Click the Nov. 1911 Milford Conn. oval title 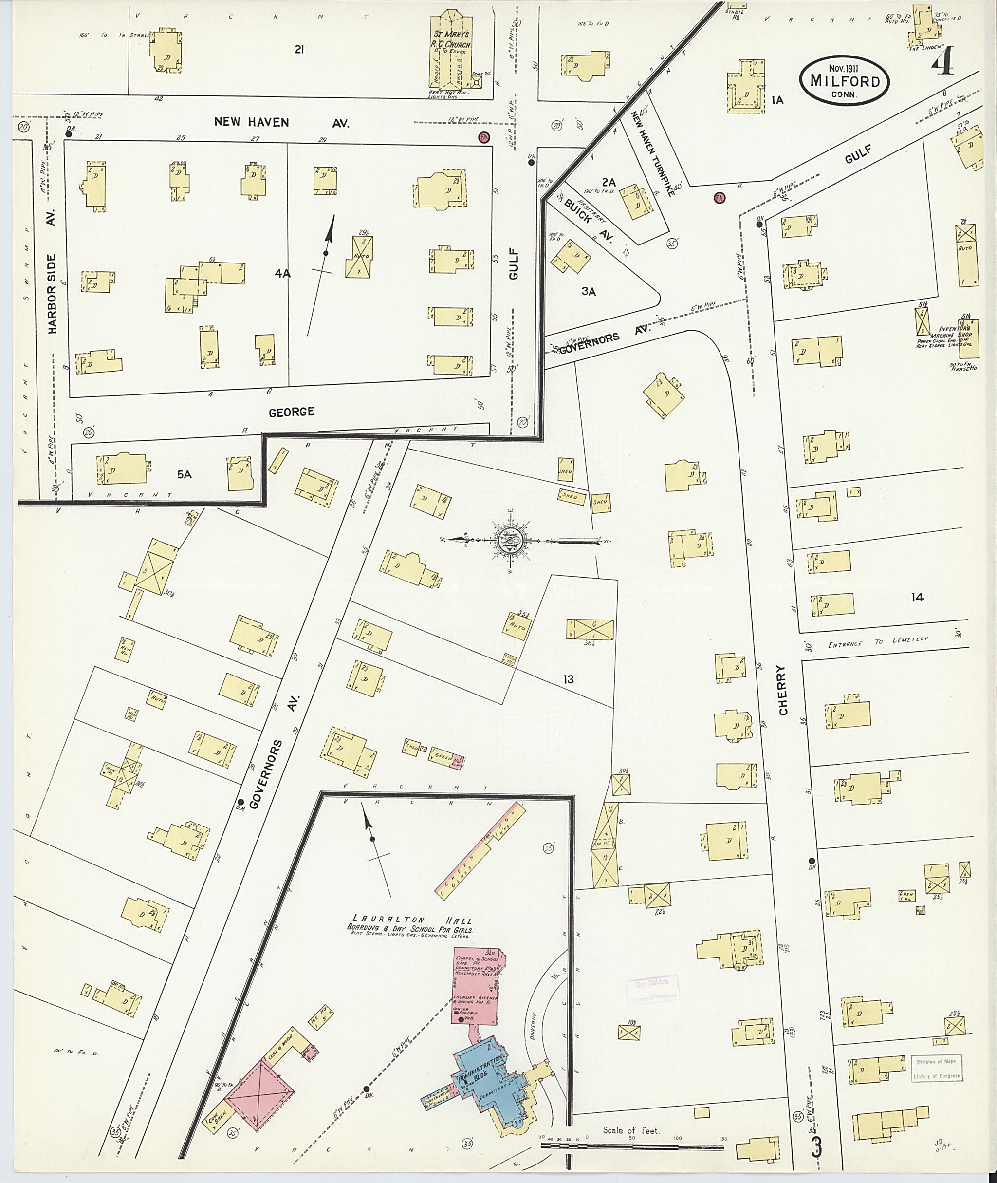pos(844,79)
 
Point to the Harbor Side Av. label pos(53,293)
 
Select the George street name pos(291,412)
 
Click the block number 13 pos(568,679)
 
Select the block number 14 pos(917,597)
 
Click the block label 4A pos(282,274)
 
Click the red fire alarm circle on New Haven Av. pos(483,137)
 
